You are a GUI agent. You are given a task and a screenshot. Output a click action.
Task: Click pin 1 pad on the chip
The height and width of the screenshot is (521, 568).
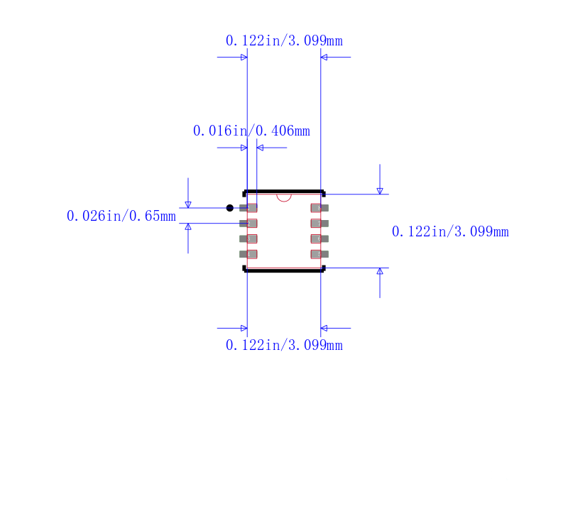[248, 208]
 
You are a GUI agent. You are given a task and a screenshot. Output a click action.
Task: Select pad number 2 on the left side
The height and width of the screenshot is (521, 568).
[248, 224]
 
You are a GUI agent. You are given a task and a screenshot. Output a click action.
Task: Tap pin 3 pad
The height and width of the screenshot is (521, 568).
[248, 239]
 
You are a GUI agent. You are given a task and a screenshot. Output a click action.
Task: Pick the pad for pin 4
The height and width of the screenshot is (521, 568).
[248, 254]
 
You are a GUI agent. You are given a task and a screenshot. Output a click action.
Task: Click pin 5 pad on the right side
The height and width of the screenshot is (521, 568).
[319, 254]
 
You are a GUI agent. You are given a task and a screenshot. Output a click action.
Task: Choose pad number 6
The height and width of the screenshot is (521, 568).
[319, 239]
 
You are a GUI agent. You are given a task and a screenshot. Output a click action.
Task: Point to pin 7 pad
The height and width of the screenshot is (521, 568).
[319, 224]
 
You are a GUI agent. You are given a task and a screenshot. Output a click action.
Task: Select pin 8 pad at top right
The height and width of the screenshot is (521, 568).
[319, 208]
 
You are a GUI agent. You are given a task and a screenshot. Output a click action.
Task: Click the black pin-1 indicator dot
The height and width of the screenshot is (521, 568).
[229, 208]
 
